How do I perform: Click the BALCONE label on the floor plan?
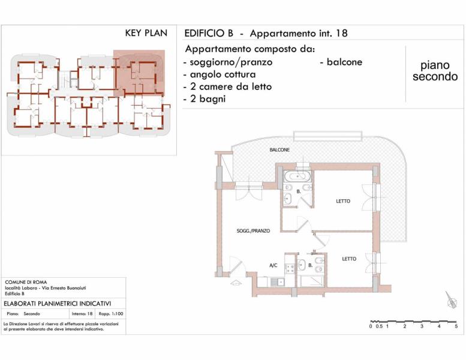coord(279,150)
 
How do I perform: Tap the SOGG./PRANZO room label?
coord(253,230)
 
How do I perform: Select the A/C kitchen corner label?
coord(273,265)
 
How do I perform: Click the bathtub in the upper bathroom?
coord(297,176)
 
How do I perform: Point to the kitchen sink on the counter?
coord(277,281)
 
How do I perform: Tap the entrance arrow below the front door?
coord(236,283)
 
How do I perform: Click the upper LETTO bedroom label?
coord(343,201)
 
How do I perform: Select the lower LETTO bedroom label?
coord(349,259)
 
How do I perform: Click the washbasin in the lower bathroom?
coord(302,265)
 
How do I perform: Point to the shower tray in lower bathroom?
coord(312,281)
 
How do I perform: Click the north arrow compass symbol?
coord(451,300)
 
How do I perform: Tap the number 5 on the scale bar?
coord(456,326)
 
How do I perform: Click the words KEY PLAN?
coord(146,33)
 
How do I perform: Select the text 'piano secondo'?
coord(435,71)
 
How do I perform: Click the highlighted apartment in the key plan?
coord(139,73)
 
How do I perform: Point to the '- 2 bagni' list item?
coord(205,98)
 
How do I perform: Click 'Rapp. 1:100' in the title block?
coord(110,314)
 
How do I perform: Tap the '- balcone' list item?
coord(341,62)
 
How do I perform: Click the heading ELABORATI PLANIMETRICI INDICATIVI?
coord(58,304)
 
